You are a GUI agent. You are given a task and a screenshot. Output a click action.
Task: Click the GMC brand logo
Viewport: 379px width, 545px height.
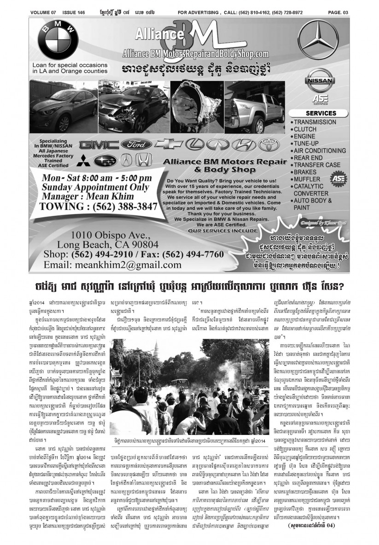(99, 145)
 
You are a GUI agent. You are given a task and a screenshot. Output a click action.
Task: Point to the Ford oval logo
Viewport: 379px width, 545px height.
(136, 145)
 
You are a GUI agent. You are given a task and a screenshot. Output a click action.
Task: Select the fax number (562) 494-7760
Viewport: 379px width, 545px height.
(189, 255)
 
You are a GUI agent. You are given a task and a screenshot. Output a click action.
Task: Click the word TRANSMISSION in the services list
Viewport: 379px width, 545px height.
(315, 122)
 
